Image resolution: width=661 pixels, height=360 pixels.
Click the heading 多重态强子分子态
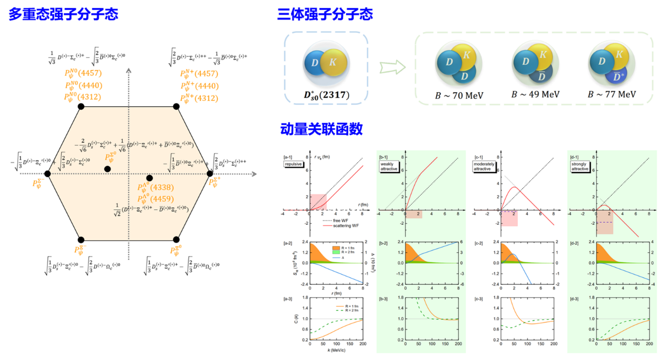(x=63, y=14)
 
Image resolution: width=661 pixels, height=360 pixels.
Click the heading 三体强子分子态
(x=325, y=14)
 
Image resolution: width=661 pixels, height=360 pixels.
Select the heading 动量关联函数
(x=321, y=129)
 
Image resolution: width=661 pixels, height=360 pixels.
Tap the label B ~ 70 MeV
(x=459, y=95)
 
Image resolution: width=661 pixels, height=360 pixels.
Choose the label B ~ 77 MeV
(x=612, y=95)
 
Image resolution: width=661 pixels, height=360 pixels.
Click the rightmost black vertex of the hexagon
(x=210, y=173)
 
